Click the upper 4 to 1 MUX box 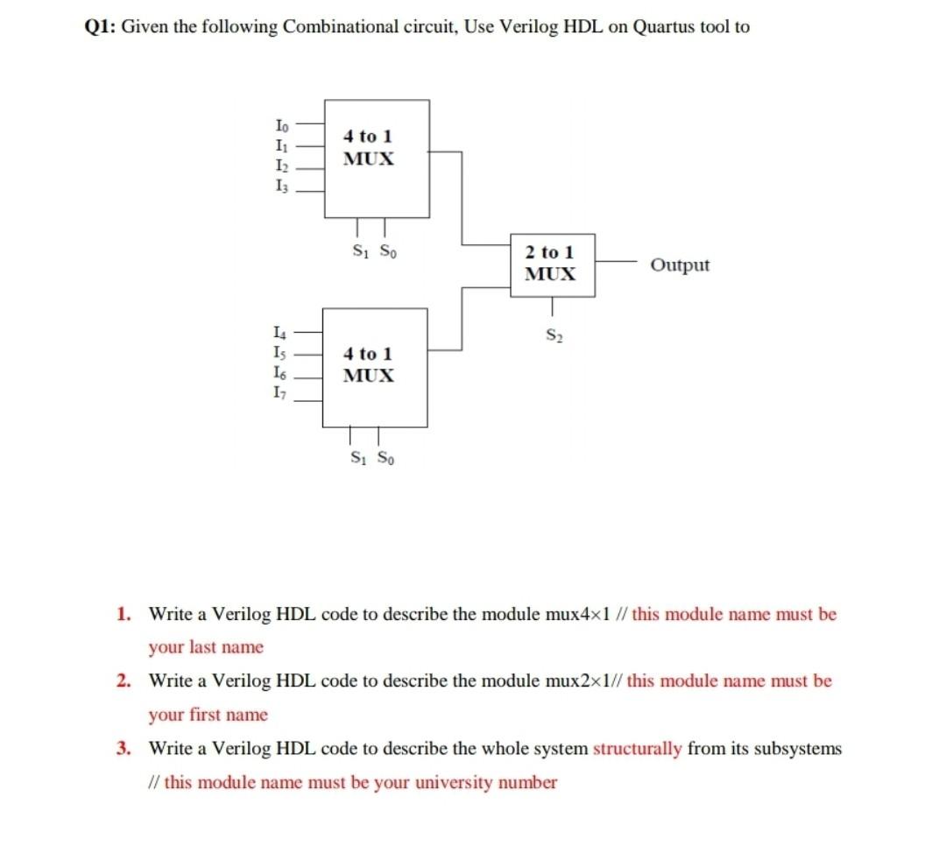click(378, 159)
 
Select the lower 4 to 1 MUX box click(376, 367)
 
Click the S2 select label click(553, 334)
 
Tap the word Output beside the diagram click(681, 265)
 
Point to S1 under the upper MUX click(358, 248)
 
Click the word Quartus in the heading click(667, 27)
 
